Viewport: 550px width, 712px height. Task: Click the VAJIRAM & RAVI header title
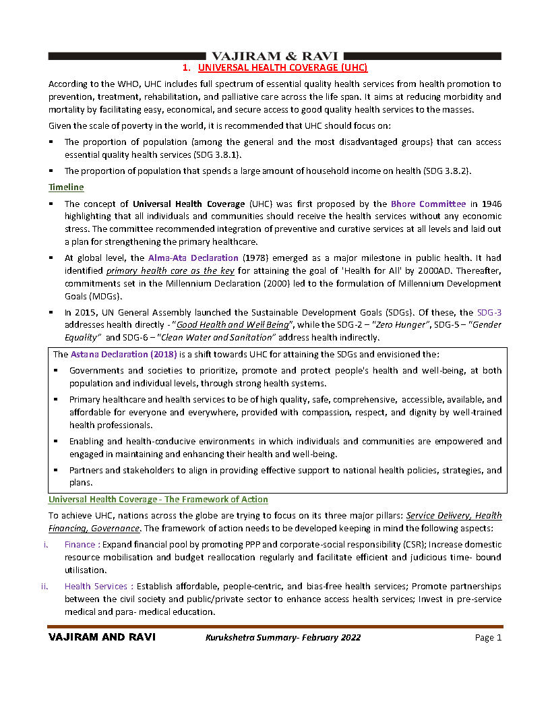[275, 55]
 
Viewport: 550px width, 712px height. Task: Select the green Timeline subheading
[66, 187]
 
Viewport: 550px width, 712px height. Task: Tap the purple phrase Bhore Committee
[428, 204]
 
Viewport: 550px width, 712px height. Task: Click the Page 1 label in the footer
[488, 638]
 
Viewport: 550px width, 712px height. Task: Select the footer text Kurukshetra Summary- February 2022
[283, 638]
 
